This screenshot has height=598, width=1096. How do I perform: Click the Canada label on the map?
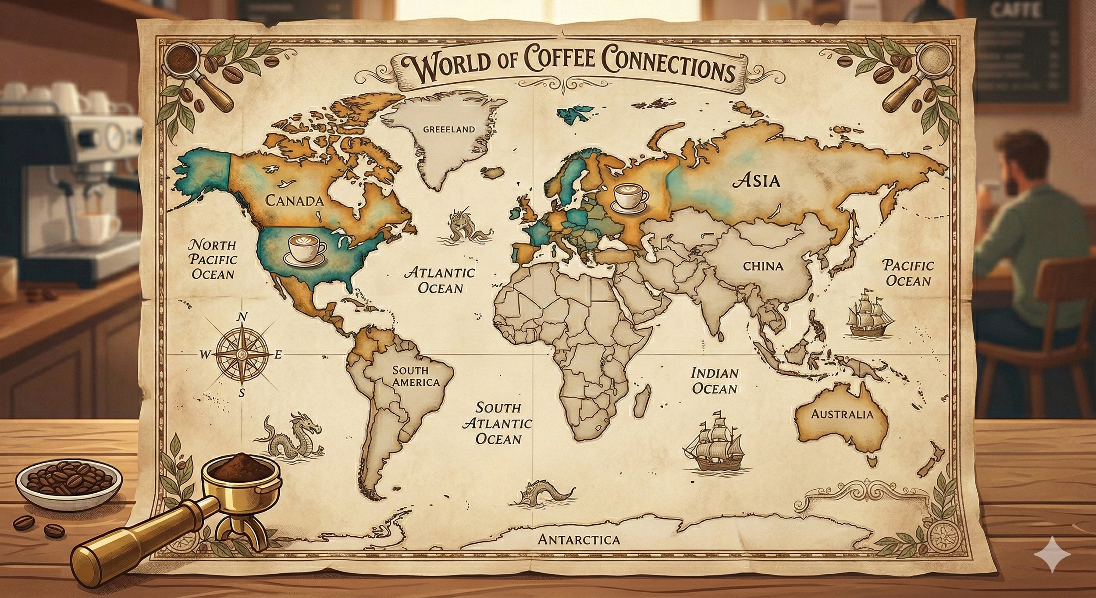(x=294, y=201)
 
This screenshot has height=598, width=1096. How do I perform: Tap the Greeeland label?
(x=448, y=129)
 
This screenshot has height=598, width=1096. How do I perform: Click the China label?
(x=763, y=266)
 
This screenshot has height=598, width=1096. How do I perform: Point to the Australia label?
(x=842, y=414)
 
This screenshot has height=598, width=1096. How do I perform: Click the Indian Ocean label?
(x=715, y=381)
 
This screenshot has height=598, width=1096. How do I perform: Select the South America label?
(x=415, y=376)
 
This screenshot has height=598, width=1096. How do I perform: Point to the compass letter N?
(x=242, y=317)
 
